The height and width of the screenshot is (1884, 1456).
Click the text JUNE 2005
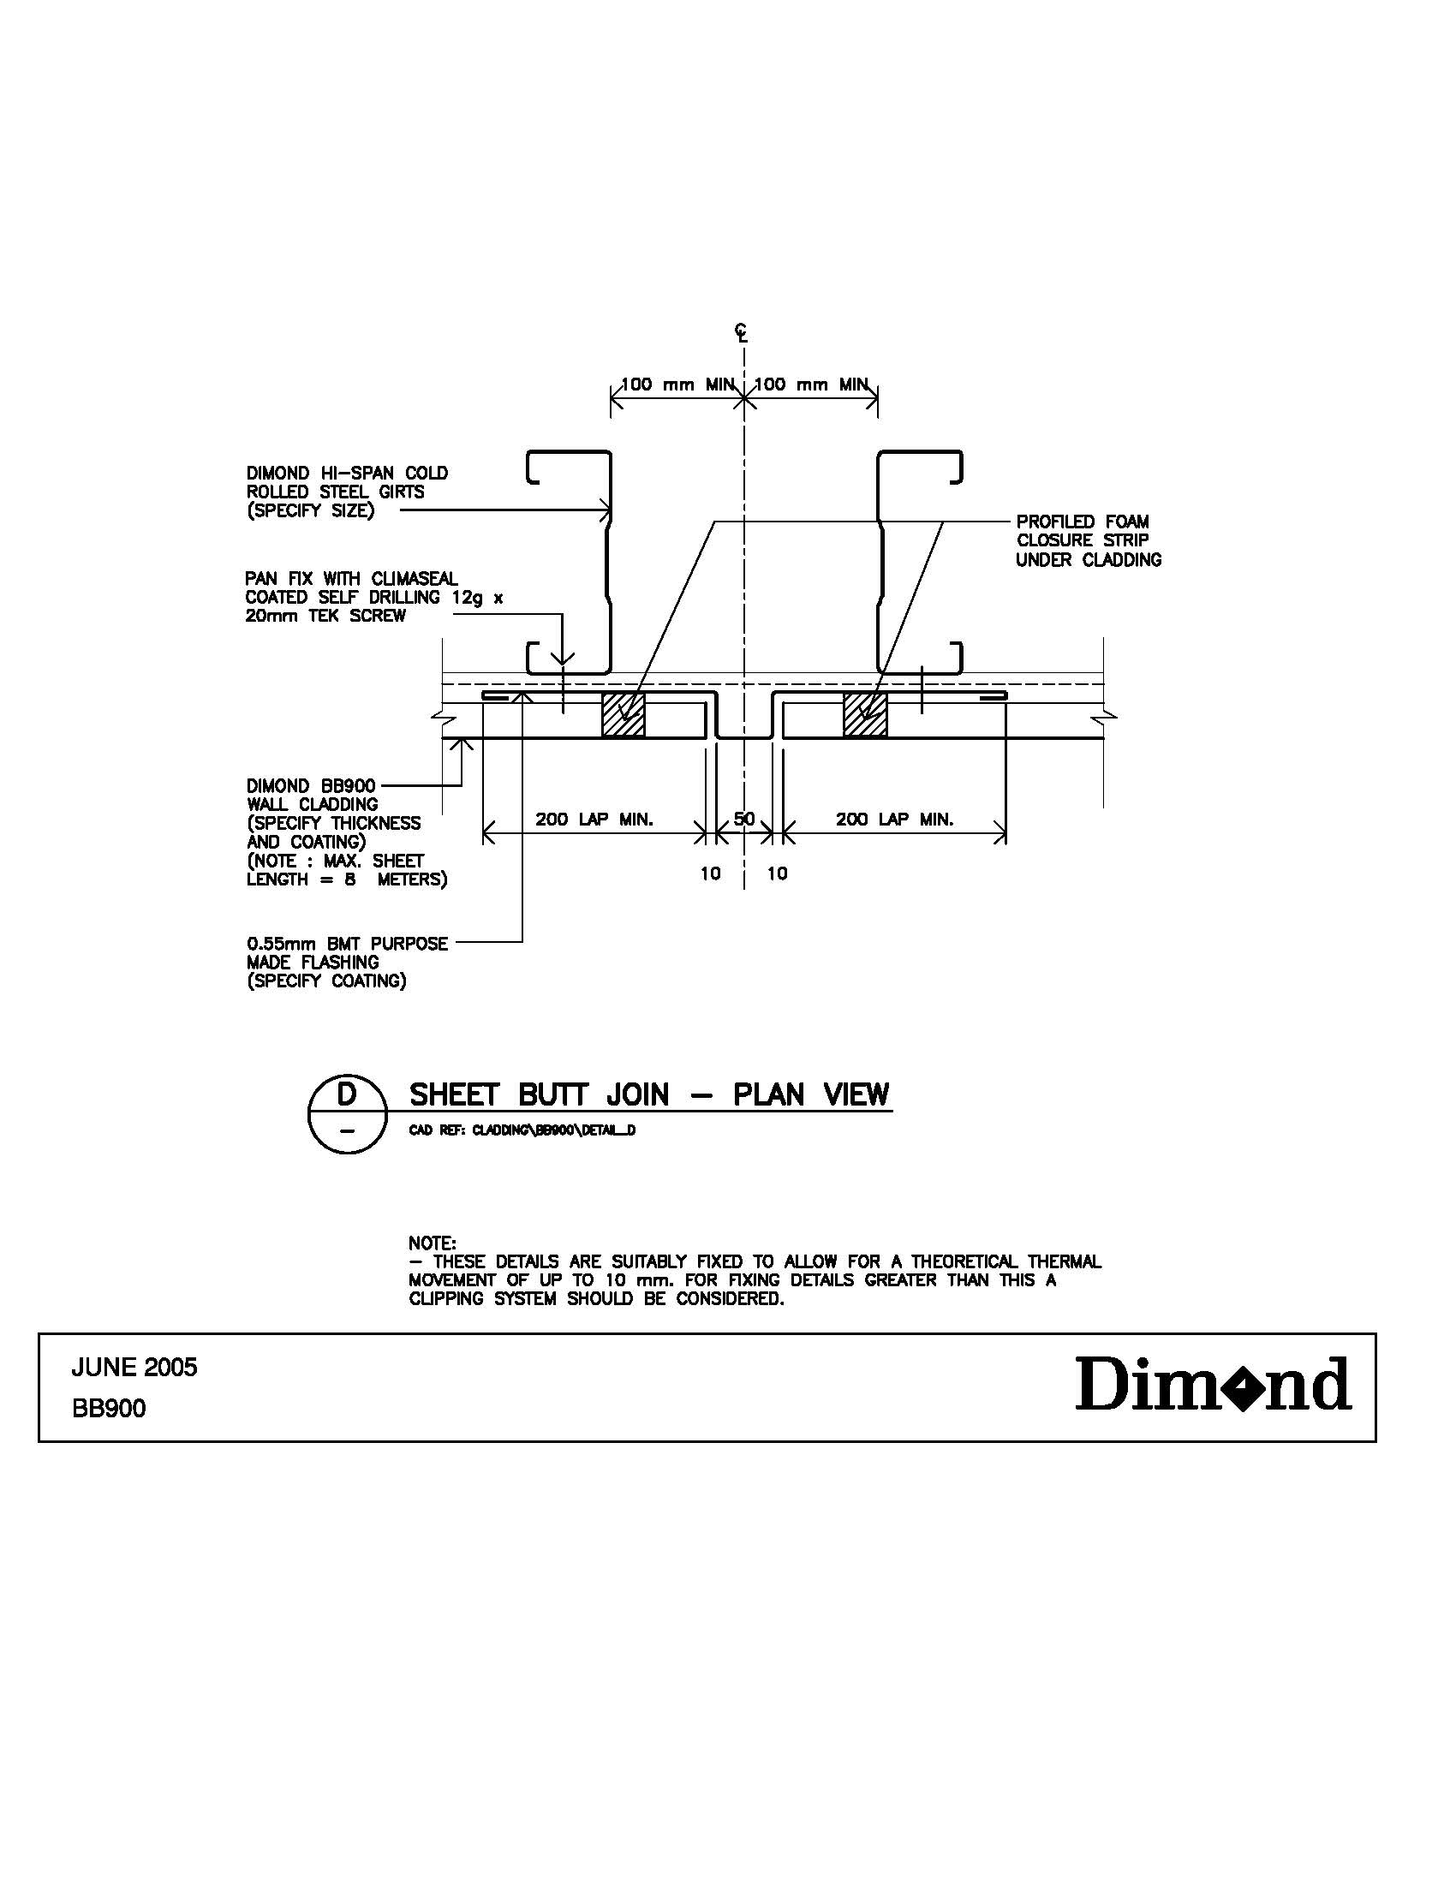click(134, 1368)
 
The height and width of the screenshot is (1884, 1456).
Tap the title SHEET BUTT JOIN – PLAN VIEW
click(648, 1095)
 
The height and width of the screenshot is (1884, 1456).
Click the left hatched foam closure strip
click(623, 714)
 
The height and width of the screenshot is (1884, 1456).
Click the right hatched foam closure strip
click(864, 714)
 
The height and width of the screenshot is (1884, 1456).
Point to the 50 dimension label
click(743, 818)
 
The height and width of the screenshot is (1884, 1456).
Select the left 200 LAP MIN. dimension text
click(594, 820)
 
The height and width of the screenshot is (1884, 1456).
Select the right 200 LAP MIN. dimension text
click(894, 820)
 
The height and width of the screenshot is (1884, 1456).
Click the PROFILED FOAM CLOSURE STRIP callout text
click(1088, 541)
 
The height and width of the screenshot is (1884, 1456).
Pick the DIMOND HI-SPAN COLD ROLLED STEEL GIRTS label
click(347, 492)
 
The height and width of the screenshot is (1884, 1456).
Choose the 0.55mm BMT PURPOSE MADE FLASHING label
click(347, 963)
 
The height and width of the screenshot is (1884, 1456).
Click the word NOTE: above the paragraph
click(433, 1243)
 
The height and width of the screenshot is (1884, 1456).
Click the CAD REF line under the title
click(522, 1130)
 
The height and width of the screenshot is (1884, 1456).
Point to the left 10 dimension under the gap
click(710, 873)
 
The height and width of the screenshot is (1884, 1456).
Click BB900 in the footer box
click(109, 1409)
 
